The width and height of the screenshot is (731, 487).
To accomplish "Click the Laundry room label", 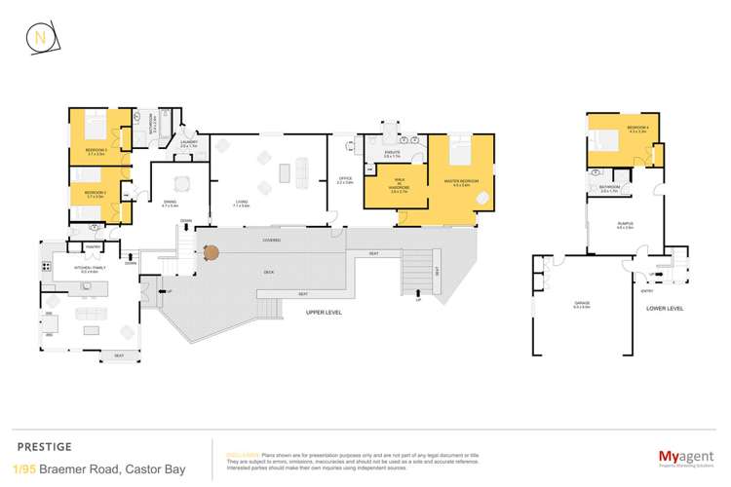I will tap(189, 144).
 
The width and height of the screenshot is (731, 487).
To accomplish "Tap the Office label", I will tap(344, 179).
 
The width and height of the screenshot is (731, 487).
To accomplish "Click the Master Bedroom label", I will tap(457, 182).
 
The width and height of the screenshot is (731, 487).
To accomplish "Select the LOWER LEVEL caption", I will tap(665, 308).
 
